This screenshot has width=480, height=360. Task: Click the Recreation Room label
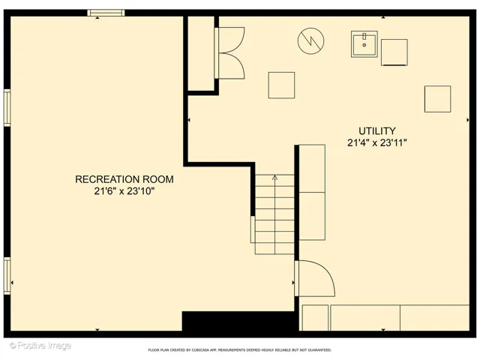124,179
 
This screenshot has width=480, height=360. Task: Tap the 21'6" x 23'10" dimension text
124,191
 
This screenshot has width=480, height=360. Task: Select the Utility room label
376,131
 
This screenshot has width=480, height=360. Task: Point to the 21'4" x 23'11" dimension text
376,142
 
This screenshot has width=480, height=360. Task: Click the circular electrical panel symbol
310,40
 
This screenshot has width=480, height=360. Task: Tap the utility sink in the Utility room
364,44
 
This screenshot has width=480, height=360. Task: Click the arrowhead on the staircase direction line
275,177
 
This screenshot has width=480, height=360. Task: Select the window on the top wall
106,13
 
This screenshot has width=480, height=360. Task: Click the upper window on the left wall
7,108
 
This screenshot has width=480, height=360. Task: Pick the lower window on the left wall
7,276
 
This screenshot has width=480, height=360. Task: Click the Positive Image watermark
40,346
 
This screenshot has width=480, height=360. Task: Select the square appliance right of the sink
394,52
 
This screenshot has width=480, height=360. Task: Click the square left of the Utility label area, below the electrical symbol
282,85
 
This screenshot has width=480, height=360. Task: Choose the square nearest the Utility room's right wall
438,99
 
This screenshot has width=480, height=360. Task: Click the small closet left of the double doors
201,53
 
